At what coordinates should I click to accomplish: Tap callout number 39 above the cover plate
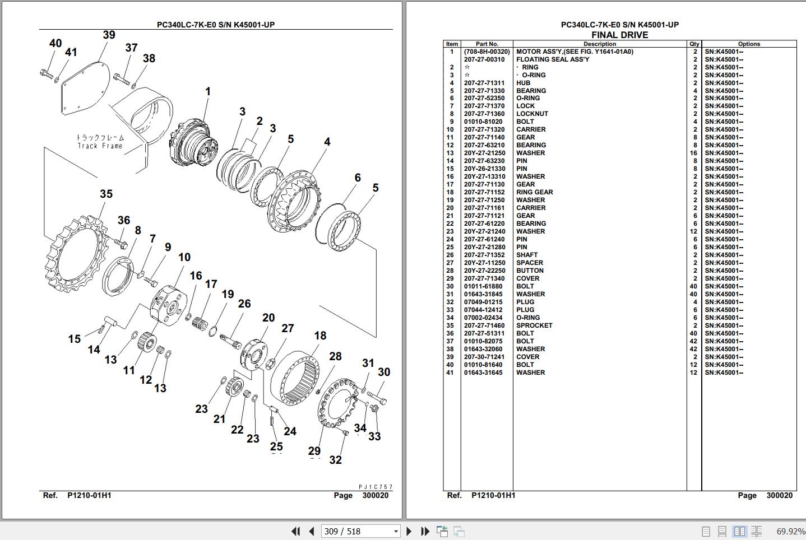(x=109, y=35)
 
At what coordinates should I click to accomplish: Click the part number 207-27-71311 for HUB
(x=484, y=83)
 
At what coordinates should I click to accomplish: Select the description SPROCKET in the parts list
(x=534, y=325)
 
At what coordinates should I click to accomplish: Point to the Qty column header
(x=694, y=44)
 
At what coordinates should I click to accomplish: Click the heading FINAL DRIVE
(x=619, y=35)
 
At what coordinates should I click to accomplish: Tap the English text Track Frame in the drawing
(x=100, y=146)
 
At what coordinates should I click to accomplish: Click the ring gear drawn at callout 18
(x=295, y=378)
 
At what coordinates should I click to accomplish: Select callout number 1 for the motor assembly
(x=207, y=92)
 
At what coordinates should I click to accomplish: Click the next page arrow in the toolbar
(x=409, y=531)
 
